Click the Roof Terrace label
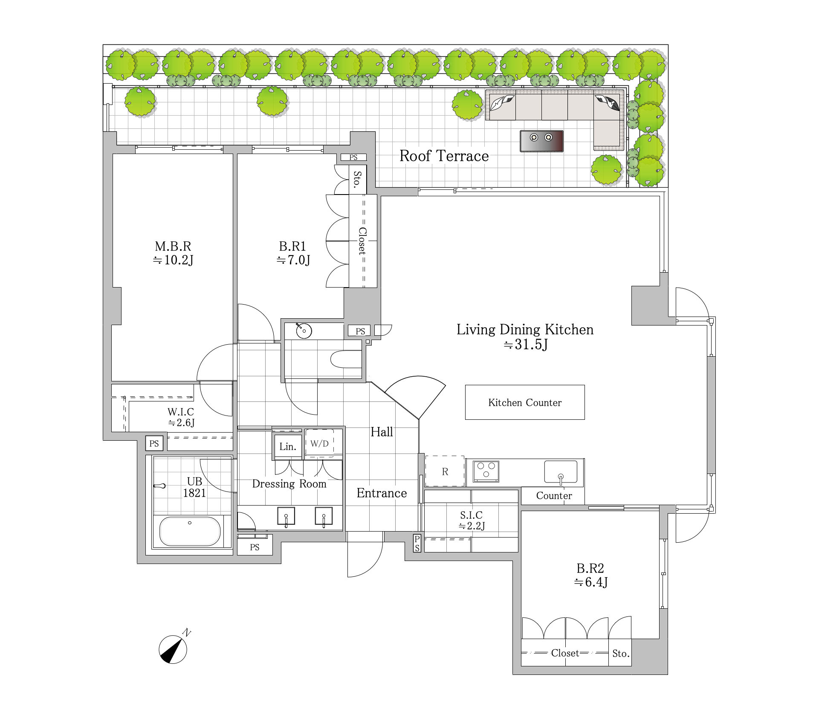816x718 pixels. coord(444,156)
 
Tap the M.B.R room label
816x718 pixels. coord(173,246)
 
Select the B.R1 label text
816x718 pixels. coord(292,246)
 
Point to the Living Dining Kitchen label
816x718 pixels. coord(525,329)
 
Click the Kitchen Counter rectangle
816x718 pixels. coord(525,402)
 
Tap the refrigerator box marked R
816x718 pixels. coord(445,471)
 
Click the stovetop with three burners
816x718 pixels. coord(486,471)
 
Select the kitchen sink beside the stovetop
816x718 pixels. coord(561,471)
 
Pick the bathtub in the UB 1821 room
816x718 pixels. coord(190,531)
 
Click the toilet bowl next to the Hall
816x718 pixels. coord(346,359)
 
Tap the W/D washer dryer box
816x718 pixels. coord(319,444)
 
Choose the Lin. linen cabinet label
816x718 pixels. coord(288,447)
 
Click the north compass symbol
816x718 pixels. coord(173,649)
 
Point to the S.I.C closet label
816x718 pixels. coord(471,515)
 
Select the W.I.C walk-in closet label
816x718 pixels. coord(181,412)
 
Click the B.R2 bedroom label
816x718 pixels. coord(590,568)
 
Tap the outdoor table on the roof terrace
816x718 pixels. coord(541,141)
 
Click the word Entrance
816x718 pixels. coord(382,493)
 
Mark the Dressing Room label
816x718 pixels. coord(289,484)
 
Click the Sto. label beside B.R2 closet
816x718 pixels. coord(621,653)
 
